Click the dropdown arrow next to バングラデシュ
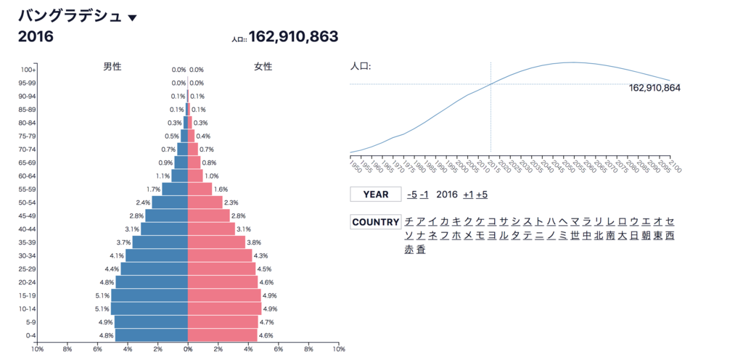[132, 17]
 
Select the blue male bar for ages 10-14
[149, 308]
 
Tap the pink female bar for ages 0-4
[223, 335]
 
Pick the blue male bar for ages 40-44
[164, 229]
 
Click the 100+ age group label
[28, 70]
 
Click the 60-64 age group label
[27, 176]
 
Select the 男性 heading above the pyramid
[112, 67]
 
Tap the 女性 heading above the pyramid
[263, 67]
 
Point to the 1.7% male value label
[153, 189]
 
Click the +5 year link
[480, 195]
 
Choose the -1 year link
[424, 195]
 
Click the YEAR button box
[376, 195]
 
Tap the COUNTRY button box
[376, 222]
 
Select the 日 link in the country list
[634, 236]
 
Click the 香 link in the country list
[421, 250]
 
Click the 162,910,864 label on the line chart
[654, 88]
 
